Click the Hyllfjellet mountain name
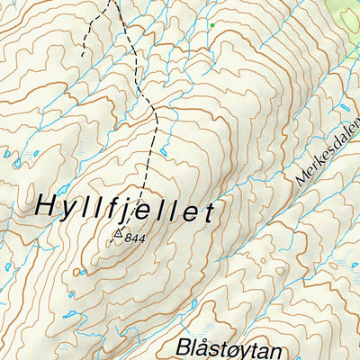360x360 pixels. tap(126, 210)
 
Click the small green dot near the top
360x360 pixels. tap(211, 25)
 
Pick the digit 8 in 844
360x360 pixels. tap(130, 237)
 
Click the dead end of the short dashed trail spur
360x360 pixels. tap(84, 57)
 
